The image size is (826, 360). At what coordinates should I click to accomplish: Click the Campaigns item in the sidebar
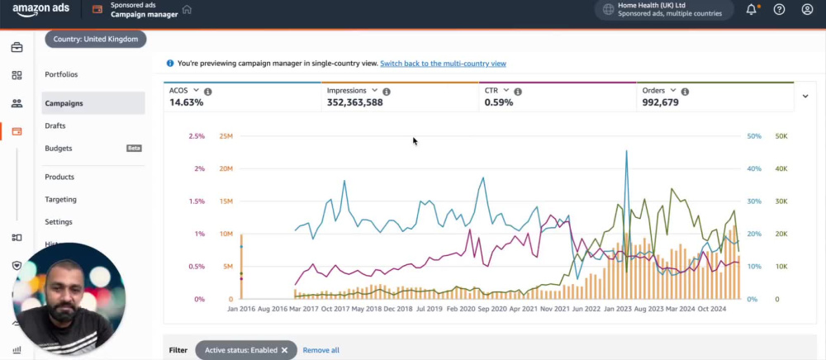(x=64, y=103)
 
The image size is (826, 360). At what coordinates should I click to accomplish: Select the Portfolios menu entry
(x=61, y=74)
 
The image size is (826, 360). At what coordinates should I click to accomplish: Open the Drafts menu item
(x=55, y=126)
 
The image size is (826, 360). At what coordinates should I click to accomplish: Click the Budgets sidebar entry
(x=59, y=149)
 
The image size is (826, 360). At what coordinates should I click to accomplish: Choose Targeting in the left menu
(x=60, y=200)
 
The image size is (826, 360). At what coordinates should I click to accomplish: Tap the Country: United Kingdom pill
(x=95, y=39)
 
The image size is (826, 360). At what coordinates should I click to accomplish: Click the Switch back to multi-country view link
(x=443, y=64)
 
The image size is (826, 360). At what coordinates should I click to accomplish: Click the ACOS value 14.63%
(x=186, y=102)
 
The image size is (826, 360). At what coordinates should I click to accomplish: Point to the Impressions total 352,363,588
(x=354, y=102)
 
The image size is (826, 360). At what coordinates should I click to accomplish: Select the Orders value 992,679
(x=660, y=102)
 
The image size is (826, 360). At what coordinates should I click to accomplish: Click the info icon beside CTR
(x=518, y=92)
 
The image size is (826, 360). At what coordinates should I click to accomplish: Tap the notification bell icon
(x=752, y=9)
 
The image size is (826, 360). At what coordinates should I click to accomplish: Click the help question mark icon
(x=779, y=9)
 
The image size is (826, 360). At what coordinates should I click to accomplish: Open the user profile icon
(x=807, y=9)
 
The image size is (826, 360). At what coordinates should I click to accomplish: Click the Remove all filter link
(x=320, y=350)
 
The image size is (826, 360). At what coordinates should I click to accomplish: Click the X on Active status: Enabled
(x=284, y=350)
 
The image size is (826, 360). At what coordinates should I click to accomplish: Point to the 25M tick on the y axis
(x=226, y=136)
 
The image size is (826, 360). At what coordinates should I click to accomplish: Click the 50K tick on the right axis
(x=781, y=136)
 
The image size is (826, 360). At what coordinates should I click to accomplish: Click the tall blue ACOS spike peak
(x=626, y=151)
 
